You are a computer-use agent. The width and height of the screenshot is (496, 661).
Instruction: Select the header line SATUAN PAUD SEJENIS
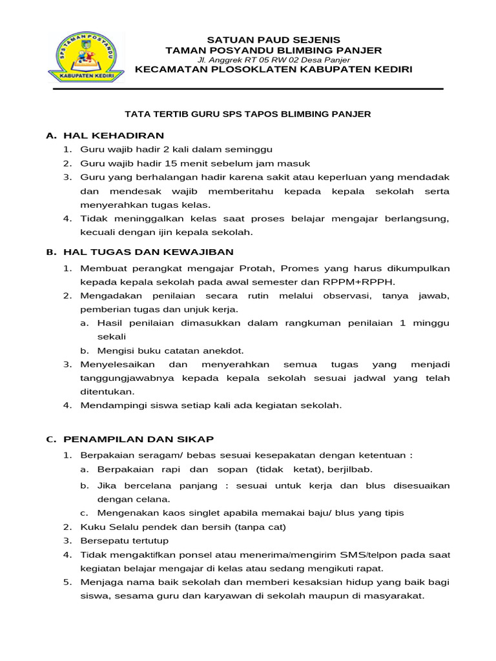pos(273,39)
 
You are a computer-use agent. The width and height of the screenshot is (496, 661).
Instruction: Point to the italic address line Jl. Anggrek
pos(273,60)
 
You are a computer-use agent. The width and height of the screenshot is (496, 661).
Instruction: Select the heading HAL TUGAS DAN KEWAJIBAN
pos(148,252)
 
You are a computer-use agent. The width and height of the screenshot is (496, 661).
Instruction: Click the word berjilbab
pos(350,469)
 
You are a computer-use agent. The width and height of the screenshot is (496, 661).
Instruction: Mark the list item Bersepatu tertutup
pos(124,541)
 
